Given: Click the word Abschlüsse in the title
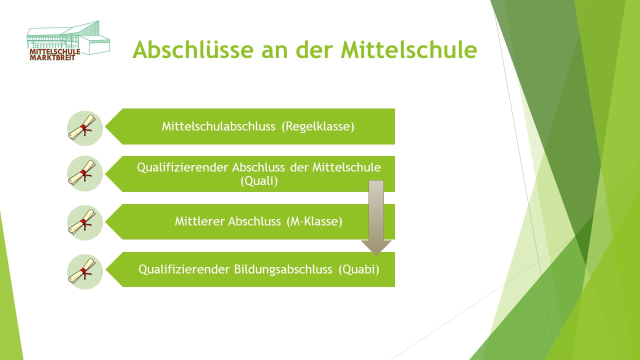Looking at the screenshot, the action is click(193, 49).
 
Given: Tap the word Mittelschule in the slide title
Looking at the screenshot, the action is click(409, 49).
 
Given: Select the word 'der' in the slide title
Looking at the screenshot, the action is click(314, 49).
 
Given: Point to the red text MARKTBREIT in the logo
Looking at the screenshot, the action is click(52, 57).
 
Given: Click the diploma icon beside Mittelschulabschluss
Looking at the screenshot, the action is click(85, 128).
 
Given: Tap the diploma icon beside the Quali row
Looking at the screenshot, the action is click(85, 173).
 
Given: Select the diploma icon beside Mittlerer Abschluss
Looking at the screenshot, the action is click(85, 222).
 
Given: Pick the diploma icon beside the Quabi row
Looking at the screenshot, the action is click(85, 271).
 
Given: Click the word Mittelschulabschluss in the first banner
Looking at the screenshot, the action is click(218, 126).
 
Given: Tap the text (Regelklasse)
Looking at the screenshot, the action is click(317, 126).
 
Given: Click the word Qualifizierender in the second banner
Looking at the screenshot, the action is click(183, 167).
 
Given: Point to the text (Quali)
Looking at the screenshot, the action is click(259, 181).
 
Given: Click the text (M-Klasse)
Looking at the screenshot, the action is click(314, 221).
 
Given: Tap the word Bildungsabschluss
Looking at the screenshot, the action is click(283, 269).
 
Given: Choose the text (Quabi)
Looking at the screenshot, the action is click(359, 269).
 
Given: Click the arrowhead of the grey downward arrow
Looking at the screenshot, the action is click(376, 247).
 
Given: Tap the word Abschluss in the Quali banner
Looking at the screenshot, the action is click(258, 167).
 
